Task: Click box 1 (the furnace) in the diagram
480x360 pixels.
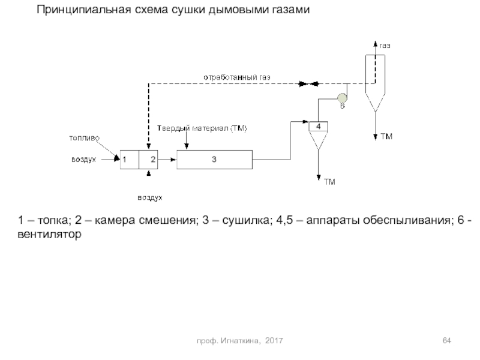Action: pos(128,160)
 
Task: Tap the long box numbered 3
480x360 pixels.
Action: pos(214,160)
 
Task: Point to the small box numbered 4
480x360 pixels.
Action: pos(318,126)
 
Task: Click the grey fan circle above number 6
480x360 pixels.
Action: pos(342,97)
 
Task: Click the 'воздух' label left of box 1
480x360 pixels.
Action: pos(84,160)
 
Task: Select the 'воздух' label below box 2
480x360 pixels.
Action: pos(150,197)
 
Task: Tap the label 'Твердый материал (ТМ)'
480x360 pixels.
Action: pos(202,128)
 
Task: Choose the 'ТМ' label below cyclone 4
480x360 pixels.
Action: pos(329,181)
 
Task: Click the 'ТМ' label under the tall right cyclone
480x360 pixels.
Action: pos(386,137)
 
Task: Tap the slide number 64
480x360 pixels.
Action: pos(446,341)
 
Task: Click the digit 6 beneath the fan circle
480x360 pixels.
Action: pos(343,106)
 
